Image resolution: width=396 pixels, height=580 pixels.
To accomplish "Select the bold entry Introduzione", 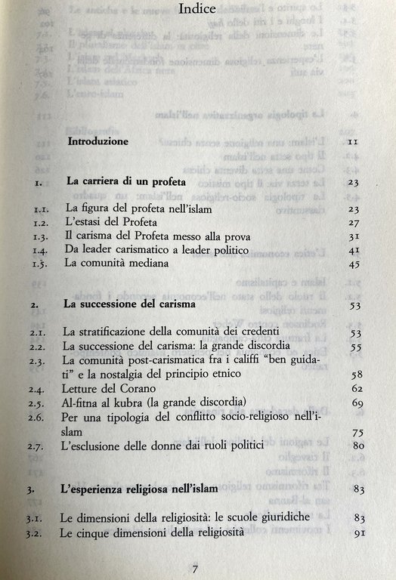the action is pyautogui.click(x=98, y=141).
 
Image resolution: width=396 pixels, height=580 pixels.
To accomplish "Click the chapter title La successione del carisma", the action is pyautogui.click(x=130, y=306).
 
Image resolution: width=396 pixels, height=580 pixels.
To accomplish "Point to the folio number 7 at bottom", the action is pyautogui.click(x=195, y=569).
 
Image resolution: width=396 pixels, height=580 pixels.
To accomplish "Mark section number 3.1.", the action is pyautogui.click(x=38, y=519).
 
